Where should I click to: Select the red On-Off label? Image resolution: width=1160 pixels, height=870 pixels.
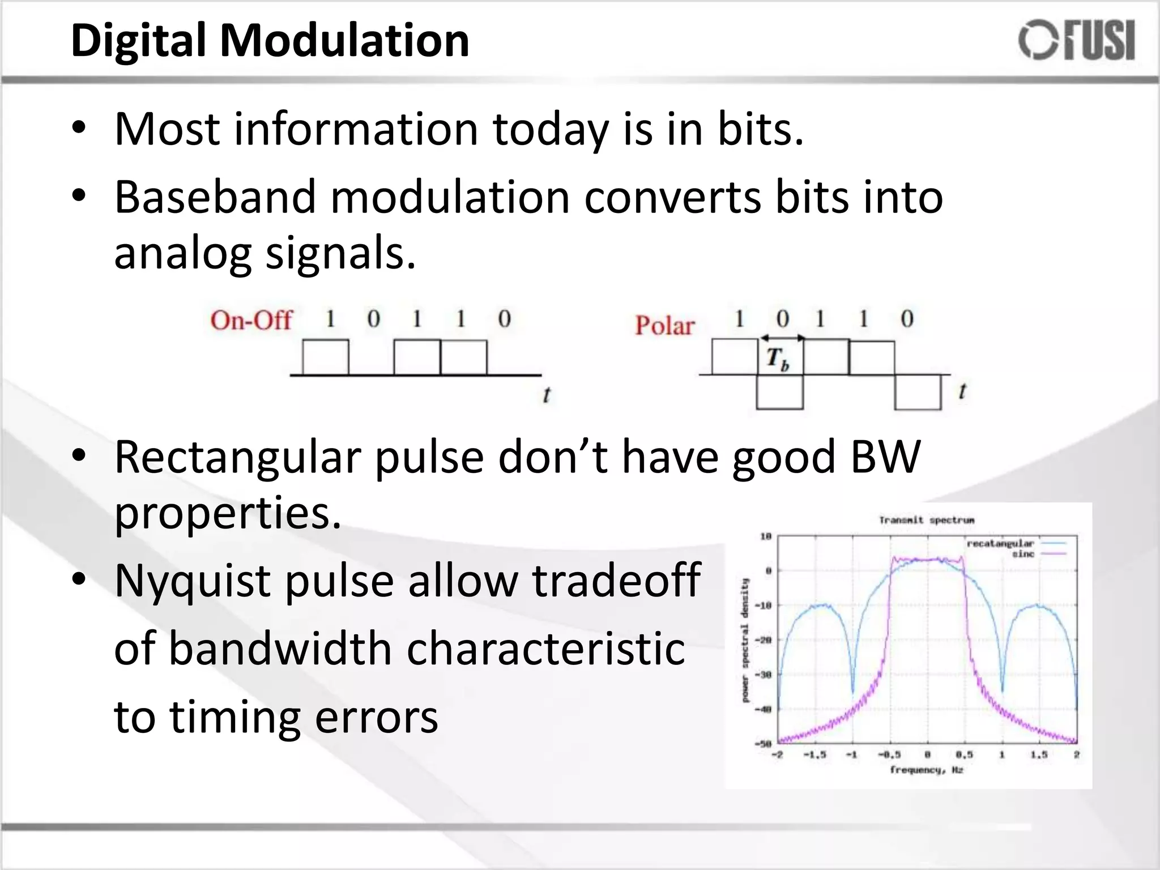[x=251, y=321]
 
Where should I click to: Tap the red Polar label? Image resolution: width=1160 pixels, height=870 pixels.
[x=664, y=326]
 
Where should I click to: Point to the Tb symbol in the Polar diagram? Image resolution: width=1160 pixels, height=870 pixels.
[x=778, y=359]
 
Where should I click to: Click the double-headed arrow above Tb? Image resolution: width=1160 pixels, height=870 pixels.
[x=782, y=338]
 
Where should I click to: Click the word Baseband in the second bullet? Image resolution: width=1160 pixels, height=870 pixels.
[x=215, y=197]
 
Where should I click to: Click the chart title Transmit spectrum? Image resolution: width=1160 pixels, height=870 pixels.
[x=927, y=520]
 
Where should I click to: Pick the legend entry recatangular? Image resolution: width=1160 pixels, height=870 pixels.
[x=1000, y=544]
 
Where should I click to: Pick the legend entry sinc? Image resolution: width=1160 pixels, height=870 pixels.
[x=1023, y=554]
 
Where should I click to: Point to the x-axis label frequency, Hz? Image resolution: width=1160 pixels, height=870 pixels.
[x=926, y=770]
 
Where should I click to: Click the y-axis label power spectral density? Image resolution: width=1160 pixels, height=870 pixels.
[x=745, y=640]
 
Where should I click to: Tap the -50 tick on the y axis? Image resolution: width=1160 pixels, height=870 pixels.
[x=764, y=744]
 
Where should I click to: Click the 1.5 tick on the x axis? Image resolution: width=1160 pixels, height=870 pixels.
[x=1039, y=755]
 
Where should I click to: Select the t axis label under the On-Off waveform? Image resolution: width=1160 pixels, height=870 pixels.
[x=546, y=395]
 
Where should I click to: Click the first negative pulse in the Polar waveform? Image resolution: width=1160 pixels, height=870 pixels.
[x=779, y=391]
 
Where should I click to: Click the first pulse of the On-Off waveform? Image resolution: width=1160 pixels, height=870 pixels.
[x=325, y=357]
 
